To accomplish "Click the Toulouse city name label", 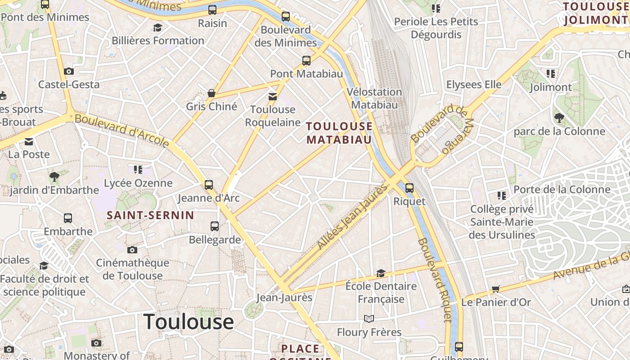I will pos(189,322).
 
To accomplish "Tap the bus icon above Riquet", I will pos(409,188).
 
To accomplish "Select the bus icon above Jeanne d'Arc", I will pos(208,184).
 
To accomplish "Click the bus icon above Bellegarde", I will pos(215,226).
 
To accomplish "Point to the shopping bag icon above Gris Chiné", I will pos(211,93).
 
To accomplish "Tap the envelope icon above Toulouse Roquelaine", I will pos(272,96).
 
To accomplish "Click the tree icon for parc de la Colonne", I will pos(559,118).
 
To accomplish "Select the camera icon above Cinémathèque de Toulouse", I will pos(132,250).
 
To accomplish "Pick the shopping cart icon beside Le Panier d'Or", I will pos(495,288).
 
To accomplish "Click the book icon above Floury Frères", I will pos(369,319).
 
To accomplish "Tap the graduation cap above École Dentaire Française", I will pos(381,273).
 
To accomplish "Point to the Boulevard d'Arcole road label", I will pos(121,130).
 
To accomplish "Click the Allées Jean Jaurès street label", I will pos(352,217).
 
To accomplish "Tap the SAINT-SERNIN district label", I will pos(150,215).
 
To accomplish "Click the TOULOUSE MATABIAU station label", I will pos(339,133).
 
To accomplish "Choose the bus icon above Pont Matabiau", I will pos(306,60).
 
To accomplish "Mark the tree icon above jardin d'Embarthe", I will pos(54,177).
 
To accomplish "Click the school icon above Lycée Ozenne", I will pos(138,170).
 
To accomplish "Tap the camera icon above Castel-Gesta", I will pos(68,71).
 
